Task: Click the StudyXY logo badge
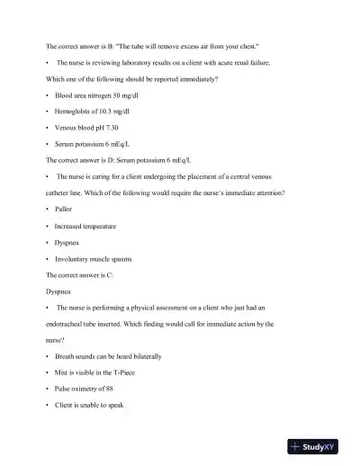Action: [319, 444]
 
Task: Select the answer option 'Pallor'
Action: [66, 209]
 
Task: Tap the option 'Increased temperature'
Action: [85, 226]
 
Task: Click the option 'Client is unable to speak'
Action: [90, 406]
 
